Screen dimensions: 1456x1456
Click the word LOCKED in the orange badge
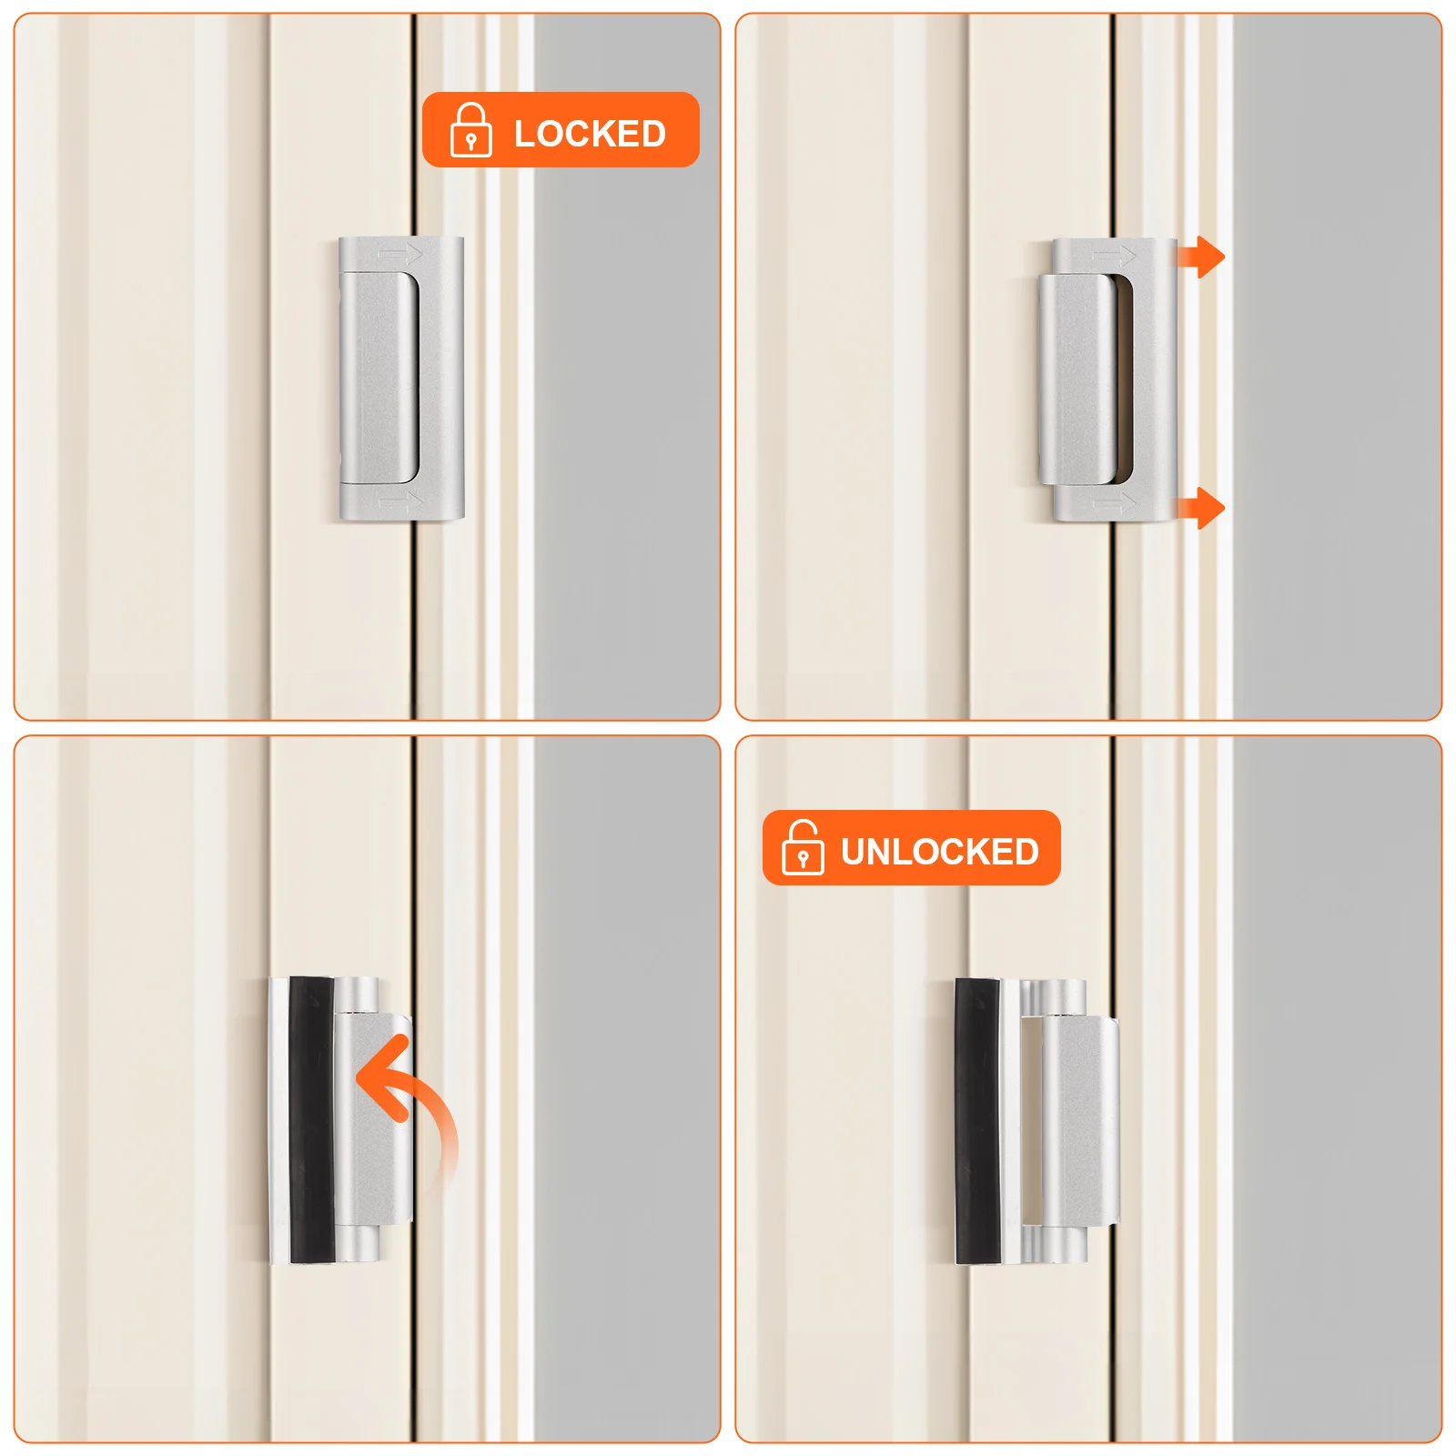pyautogui.click(x=590, y=134)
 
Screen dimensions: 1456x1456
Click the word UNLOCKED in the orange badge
pyautogui.click(x=939, y=852)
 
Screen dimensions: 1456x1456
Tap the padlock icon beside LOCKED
pyautogui.click(x=470, y=130)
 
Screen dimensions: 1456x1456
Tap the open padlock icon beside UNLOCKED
pyautogui.click(x=803, y=847)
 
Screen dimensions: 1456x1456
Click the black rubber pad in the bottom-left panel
pyautogui.click(x=311, y=1119)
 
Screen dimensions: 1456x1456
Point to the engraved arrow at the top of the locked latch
pyautogui.click(x=400, y=254)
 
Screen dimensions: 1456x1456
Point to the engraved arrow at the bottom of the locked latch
pyautogui.click(x=400, y=501)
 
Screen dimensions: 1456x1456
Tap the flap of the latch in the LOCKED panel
pyautogui.click(x=378, y=378)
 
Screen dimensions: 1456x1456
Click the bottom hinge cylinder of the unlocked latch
pyautogui.click(x=1061, y=1244)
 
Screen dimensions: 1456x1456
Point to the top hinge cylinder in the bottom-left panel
pyautogui.click(x=357, y=995)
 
